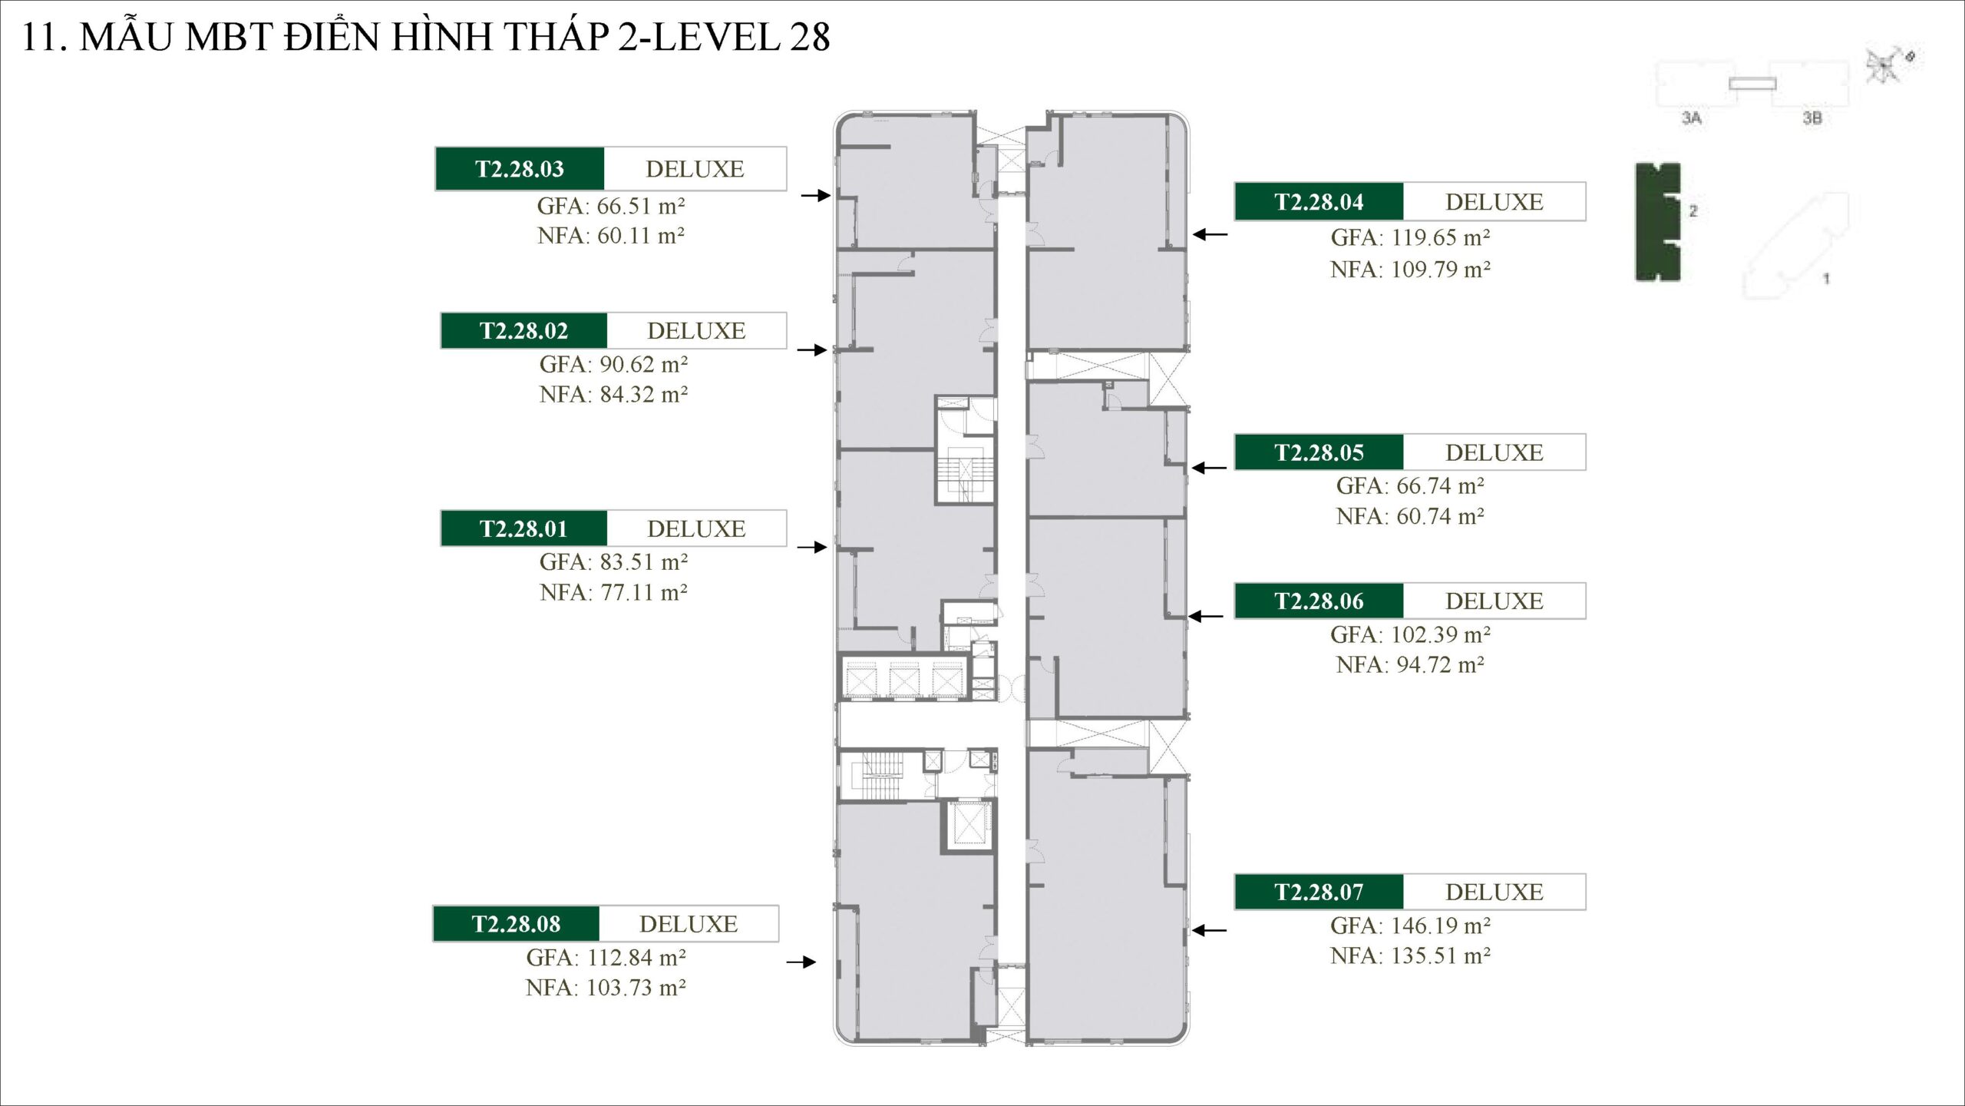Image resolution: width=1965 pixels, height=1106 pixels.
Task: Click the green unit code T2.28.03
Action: coord(520,169)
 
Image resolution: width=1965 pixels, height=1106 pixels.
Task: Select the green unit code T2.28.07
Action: coord(1319,892)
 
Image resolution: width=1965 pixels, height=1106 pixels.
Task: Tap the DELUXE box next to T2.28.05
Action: coord(1494,452)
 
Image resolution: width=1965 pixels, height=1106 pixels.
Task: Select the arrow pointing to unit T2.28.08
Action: coord(801,962)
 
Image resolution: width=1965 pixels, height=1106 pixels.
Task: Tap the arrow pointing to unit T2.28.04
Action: coord(1210,234)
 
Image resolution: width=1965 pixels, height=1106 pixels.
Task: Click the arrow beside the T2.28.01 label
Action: coord(812,547)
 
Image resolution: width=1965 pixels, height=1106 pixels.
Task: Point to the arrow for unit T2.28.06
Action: coord(1206,616)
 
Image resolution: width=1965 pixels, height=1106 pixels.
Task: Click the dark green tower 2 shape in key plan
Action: coord(1656,221)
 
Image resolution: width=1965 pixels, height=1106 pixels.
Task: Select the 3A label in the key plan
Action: coord(1692,118)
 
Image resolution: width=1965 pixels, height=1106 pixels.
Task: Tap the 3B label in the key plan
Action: coord(1812,118)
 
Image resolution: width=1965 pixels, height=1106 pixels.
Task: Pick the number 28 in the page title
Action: coord(809,37)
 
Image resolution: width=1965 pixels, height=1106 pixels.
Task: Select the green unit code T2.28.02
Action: coord(523,331)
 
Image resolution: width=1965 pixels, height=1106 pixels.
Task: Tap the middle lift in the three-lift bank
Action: coord(904,679)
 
